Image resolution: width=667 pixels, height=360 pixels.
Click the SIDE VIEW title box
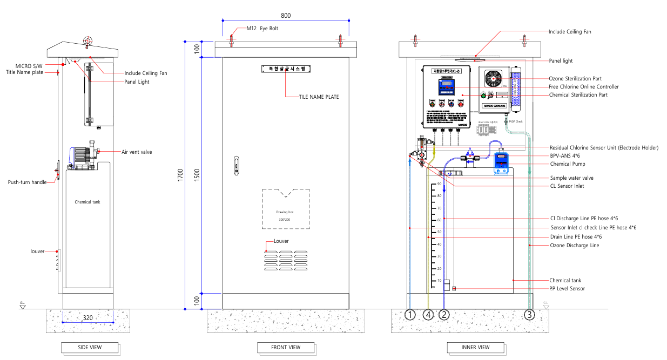tap(90, 347)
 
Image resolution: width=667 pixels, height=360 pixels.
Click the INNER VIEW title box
tap(476, 347)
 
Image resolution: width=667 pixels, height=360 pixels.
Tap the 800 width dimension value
tap(285, 15)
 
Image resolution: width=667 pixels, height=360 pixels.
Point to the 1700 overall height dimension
tap(182, 175)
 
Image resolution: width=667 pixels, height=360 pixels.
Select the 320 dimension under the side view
tap(88, 317)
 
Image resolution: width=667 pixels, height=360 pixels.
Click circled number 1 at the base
tap(411, 314)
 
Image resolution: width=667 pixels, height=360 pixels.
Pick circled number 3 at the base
tap(529, 314)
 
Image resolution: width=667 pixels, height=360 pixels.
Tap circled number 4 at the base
tap(428, 314)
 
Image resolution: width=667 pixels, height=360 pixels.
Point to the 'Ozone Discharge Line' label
tap(574, 246)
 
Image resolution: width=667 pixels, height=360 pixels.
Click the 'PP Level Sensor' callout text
tap(567, 289)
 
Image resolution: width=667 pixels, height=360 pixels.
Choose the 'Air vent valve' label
tap(137, 152)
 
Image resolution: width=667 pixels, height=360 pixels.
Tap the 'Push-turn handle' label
tap(27, 182)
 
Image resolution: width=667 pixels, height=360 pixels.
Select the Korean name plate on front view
tap(286, 69)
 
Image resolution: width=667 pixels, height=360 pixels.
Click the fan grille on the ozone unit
tap(494, 79)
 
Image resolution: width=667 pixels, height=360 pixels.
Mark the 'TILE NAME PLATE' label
tap(319, 97)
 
